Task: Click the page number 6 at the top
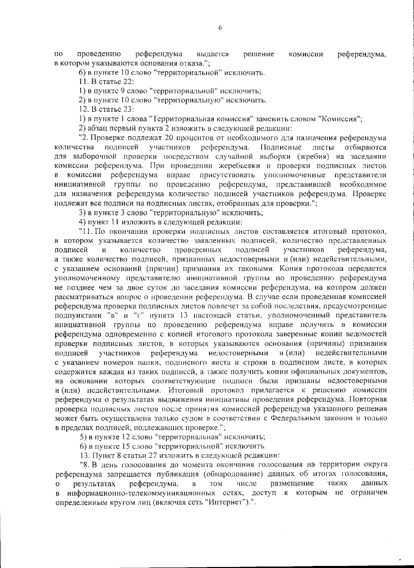point(220,29)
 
